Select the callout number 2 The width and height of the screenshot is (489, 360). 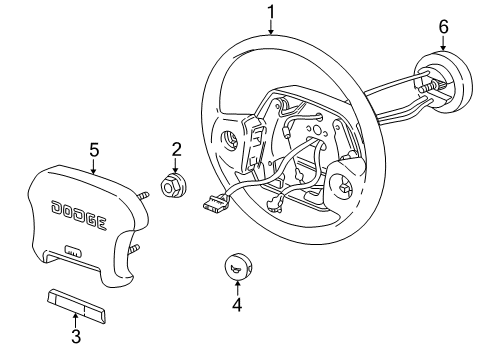176,150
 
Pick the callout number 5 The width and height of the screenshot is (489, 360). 94,150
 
